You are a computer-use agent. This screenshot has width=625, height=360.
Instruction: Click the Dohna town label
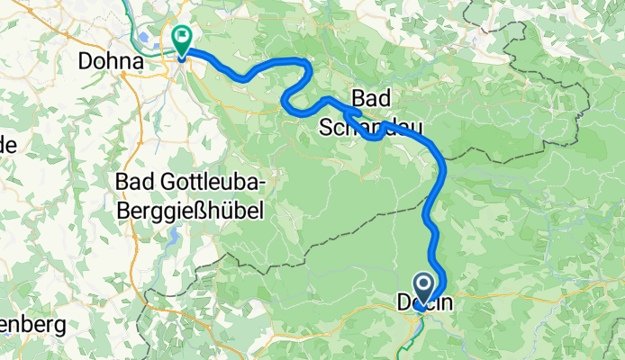point(111,62)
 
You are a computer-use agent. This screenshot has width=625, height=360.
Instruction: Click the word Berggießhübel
point(189,211)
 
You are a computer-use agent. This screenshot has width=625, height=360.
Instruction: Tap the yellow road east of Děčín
point(540,298)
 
